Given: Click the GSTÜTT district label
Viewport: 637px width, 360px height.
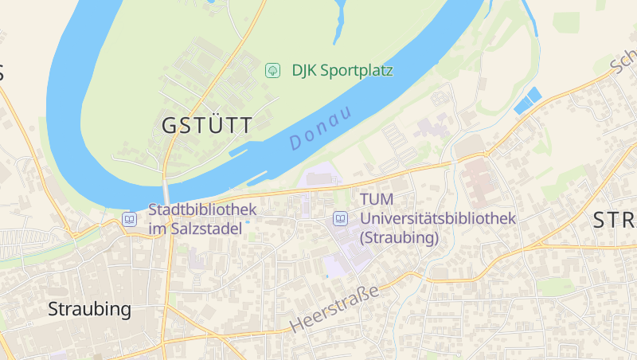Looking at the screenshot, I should (207, 126).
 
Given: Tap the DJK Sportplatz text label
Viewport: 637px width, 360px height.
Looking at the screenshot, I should (342, 70).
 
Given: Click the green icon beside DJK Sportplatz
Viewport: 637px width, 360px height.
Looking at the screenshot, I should (272, 71).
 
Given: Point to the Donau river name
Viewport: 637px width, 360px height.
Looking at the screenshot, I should (320, 128).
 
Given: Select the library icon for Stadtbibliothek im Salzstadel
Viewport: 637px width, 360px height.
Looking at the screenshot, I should (130, 219).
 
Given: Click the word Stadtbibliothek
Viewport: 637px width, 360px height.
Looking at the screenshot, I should (202, 210).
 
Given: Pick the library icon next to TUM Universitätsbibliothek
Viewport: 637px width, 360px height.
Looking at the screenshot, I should (340, 217).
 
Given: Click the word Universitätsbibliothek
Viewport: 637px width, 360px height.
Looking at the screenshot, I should (439, 218).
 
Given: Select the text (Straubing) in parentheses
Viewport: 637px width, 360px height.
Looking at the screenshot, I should (400, 237).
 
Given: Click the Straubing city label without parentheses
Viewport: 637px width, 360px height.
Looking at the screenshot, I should (89, 309).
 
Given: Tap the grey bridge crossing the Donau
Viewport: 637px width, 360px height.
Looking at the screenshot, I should (167, 193).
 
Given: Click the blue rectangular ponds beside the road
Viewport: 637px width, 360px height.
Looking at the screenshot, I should (528, 100).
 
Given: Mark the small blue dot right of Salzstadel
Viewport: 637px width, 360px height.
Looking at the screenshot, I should (247, 222).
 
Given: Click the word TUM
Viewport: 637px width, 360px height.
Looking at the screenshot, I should (376, 199).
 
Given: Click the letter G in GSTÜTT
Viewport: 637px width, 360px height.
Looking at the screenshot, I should (170, 126).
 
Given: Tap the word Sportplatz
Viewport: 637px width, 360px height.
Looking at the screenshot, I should (358, 70).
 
